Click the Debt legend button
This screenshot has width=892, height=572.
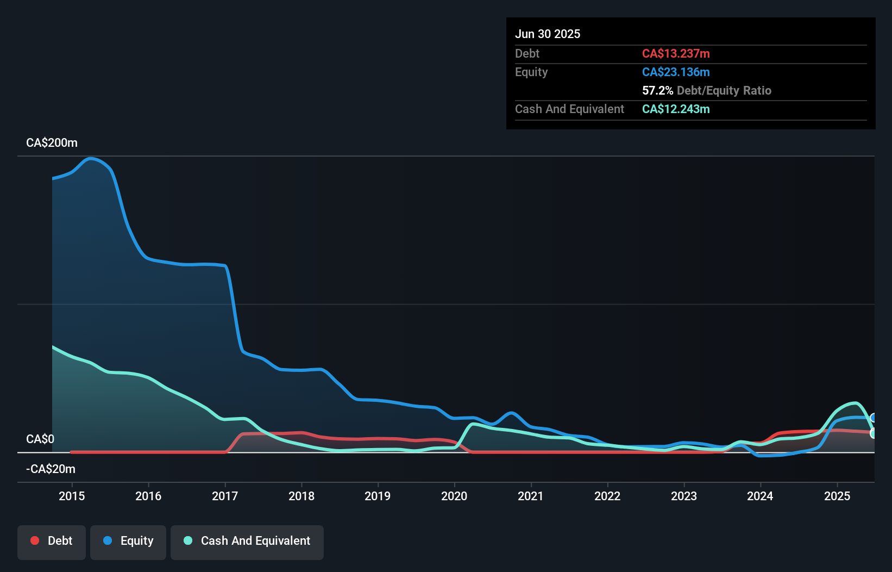(x=52, y=541)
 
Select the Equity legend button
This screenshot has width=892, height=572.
(x=128, y=541)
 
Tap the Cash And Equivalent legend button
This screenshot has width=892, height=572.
(x=247, y=541)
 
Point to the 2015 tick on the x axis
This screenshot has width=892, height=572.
(x=72, y=496)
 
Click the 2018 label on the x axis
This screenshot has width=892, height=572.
(x=301, y=496)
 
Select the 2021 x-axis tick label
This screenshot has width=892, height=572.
(x=531, y=496)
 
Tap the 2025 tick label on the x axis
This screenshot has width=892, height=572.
(x=837, y=496)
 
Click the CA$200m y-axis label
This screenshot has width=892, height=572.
(x=52, y=143)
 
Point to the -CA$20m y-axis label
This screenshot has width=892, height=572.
(x=51, y=469)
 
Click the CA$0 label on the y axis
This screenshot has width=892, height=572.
(x=40, y=439)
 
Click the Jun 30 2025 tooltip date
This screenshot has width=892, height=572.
(x=548, y=34)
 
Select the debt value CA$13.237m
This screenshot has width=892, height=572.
(x=676, y=53)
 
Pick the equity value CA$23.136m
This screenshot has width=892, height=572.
(x=676, y=72)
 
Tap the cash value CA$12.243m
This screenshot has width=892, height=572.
(x=676, y=109)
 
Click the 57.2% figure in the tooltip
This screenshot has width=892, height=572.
(x=657, y=90)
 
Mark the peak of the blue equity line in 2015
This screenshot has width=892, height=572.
(x=91, y=158)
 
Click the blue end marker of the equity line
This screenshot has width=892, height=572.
(x=874, y=418)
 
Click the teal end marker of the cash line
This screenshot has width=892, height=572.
(x=874, y=433)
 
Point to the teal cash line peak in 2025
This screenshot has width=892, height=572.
(x=856, y=403)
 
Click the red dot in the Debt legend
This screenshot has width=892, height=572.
(x=35, y=540)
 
